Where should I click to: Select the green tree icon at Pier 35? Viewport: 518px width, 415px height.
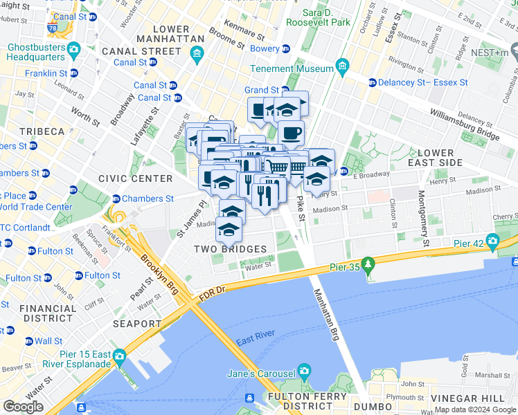pyautogui.click(x=369, y=263)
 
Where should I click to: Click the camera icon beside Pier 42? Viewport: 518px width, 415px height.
pyautogui.click(x=492, y=241)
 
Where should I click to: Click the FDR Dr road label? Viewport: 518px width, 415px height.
pyautogui.click(x=212, y=292)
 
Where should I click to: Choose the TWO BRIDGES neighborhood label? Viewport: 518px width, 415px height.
pyautogui.click(x=230, y=249)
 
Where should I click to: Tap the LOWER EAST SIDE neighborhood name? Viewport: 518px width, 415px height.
pyautogui.click(x=436, y=157)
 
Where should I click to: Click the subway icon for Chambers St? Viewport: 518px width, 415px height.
pyautogui.click(x=116, y=199)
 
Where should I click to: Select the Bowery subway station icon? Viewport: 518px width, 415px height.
pyautogui.click(x=285, y=49)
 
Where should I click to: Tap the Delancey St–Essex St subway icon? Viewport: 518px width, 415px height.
pyautogui.click(x=372, y=82)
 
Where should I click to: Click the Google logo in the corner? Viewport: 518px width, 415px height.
pyautogui.click(x=23, y=406)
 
